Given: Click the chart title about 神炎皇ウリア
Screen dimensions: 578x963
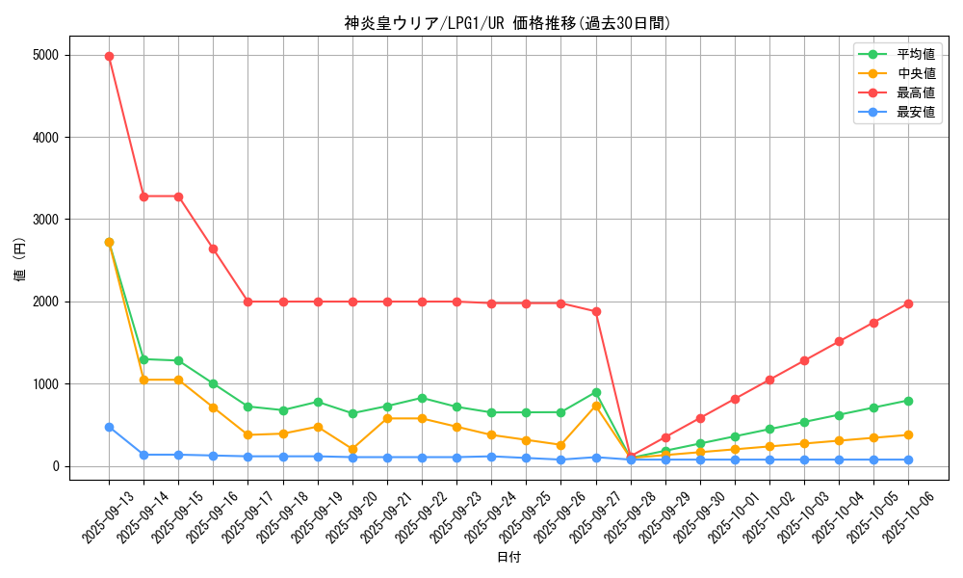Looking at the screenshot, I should click(508, 23).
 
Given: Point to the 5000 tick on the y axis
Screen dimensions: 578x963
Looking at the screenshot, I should click(44, 56).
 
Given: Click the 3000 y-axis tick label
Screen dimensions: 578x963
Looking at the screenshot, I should click(44, 220).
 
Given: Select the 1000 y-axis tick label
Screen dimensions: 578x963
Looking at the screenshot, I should click(44, 384).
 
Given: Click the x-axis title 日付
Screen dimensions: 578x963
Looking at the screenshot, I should click(508, 558).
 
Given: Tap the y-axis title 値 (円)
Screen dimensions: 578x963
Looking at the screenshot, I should click(20, 260).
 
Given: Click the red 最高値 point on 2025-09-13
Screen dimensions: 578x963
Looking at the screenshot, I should click(109, 56).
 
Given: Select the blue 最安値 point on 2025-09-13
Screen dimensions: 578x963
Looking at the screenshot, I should click(109, 427).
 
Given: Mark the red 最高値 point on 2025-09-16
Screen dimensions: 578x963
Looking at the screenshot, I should click(213, 249).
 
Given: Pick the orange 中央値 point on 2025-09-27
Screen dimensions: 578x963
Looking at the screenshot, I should click(596, 406).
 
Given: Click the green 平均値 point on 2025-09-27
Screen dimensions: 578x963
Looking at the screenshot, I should click(596, 392).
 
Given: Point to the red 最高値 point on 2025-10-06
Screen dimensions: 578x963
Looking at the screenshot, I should click(908, 303).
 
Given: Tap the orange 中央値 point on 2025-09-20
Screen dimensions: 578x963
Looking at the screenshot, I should click(352, 449).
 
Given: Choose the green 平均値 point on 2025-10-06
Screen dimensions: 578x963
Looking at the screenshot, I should click(908, 401).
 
